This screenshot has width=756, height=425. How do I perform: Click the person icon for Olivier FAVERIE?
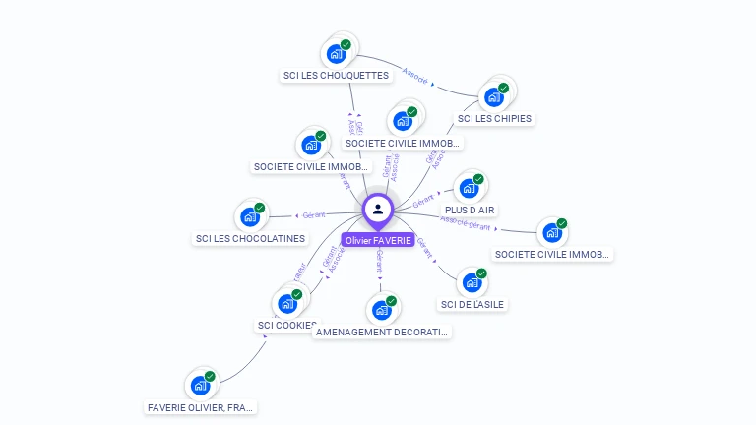[378, 209]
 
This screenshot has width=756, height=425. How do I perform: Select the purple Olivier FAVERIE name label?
[378, 240]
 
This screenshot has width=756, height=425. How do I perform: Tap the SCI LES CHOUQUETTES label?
[337, 75]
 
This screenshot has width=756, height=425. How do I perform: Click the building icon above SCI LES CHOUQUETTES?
[337, 53]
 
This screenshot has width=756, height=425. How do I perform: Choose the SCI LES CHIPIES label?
[494, 119]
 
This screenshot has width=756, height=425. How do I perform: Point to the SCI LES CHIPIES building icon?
[494, 97]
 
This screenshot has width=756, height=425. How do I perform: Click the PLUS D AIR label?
[470, 210]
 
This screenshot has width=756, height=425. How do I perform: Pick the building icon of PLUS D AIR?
[470, 188]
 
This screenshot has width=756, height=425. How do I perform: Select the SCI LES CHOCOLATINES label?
[251, 238]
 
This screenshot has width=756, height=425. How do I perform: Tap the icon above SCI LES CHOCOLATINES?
[251, 216]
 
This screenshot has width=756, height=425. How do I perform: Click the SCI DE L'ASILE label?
[472, 304]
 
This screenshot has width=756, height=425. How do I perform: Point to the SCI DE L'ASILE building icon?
[472, 282]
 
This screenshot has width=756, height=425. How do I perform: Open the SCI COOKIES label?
[287, 325]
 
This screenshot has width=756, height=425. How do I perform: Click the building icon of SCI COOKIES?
[287, 303]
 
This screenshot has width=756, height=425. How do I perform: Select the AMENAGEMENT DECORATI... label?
[382, 332]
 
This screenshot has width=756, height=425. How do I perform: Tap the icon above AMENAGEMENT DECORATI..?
[382, 310]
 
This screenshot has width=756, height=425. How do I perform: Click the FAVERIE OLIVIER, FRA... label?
[202, 407]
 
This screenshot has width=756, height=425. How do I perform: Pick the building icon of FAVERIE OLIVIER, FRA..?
[202, 386]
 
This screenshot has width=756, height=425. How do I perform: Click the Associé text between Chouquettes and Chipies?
[415, 78]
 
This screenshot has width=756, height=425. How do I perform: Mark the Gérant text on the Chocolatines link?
[314, 215]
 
